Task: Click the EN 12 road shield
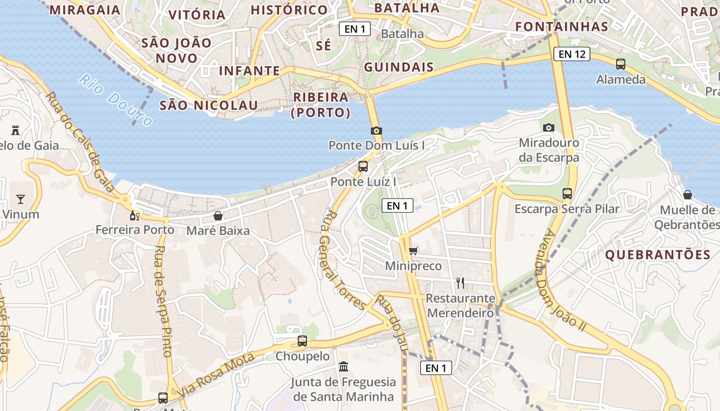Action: pyautogui.click(x=572, y=54)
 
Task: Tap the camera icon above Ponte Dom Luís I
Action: pyautogui.click(x=376, y=130)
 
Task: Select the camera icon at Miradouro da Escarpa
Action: pyautogui.click(x=549, y=127)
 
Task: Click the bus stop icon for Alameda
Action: pyautogui.click(x=621, y=64)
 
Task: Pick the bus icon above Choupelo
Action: pyautogui.click(x=302, y=341)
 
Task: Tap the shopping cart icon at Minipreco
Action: pyautogui.click(x=413, y=251)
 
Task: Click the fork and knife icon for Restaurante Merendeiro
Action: pyautogui.click(x=460, y=283)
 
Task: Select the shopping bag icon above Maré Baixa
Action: pyautogui.click(x=218, y=216)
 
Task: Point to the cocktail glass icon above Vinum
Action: pyautogui.click(x=21, y=199)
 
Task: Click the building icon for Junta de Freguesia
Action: pyautogui.click(x=343, y=367)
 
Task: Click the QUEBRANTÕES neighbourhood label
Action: pyautogui.click(x=658, y=254)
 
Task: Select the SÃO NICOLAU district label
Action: pyautogui.click(x=208, y=105)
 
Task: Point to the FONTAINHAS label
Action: pyautogui.click(x=562, y=26)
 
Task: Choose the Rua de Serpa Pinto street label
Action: pyautogui.click(x=163, y=301)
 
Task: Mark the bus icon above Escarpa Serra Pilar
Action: pyautogui.click(x=567, y=194)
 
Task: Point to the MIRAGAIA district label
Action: pyautogui.click(x=85, y=10)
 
